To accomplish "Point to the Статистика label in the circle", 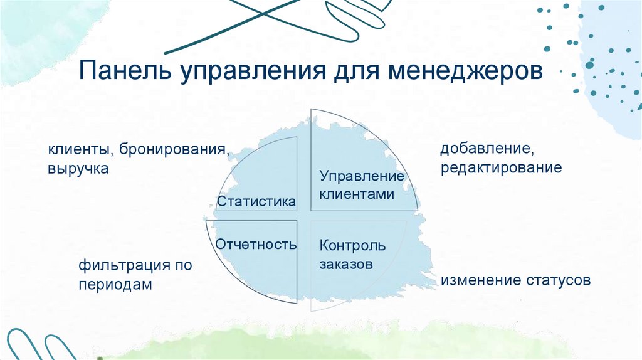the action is pyautogui.click(x=256, y=202).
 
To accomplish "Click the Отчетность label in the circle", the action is pyautogui.click(x=256, y=244).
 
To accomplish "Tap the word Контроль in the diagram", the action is pyautogui.click(x=352, y=245).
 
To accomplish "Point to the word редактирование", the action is pyautogui.click(x=501, y=168).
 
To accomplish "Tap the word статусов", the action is pyautogui.click(x=557, y=280).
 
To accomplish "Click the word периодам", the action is pyautogui.click(x=115, y=284).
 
